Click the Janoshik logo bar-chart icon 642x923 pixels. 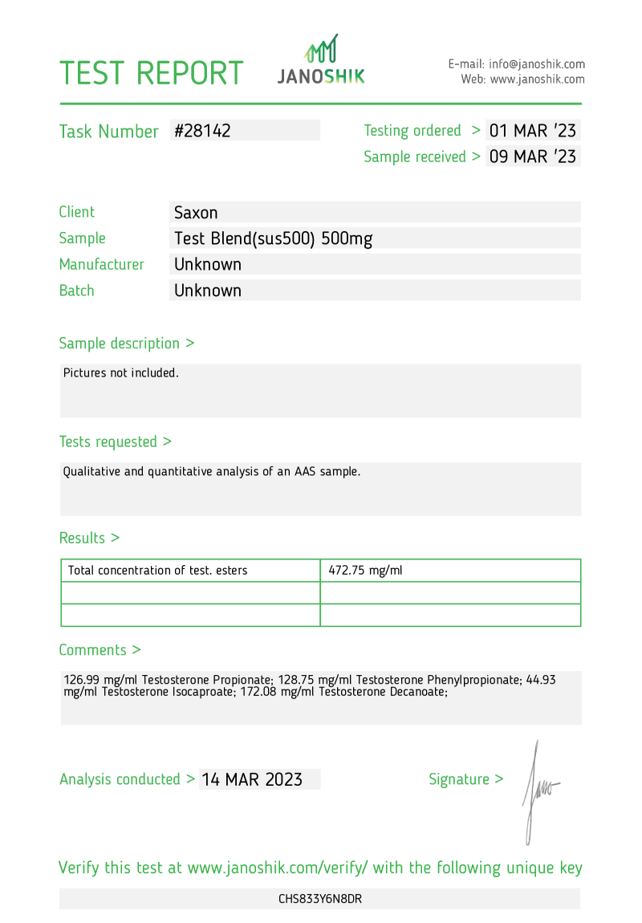[x=321, y=50]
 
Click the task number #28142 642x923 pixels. [x=202, y=131]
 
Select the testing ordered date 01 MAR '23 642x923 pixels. [x=533, y=131]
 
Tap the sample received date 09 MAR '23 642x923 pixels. [x=533, y=157]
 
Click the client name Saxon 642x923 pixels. [x=197, y=213]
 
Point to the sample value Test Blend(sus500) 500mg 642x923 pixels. [x=273, y=238]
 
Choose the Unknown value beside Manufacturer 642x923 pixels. [x=208, y=264]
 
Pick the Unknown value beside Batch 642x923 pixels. [x=208, y=291]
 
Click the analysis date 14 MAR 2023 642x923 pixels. [x=252, y=779]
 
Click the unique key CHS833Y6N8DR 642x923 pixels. [x=320, y=899]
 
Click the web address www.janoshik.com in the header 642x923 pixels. [x=537, y=79]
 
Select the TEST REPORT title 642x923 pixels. [x=152, y=73]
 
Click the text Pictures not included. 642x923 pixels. [x=121, y=372]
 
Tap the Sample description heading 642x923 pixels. [x=127, y=344]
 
